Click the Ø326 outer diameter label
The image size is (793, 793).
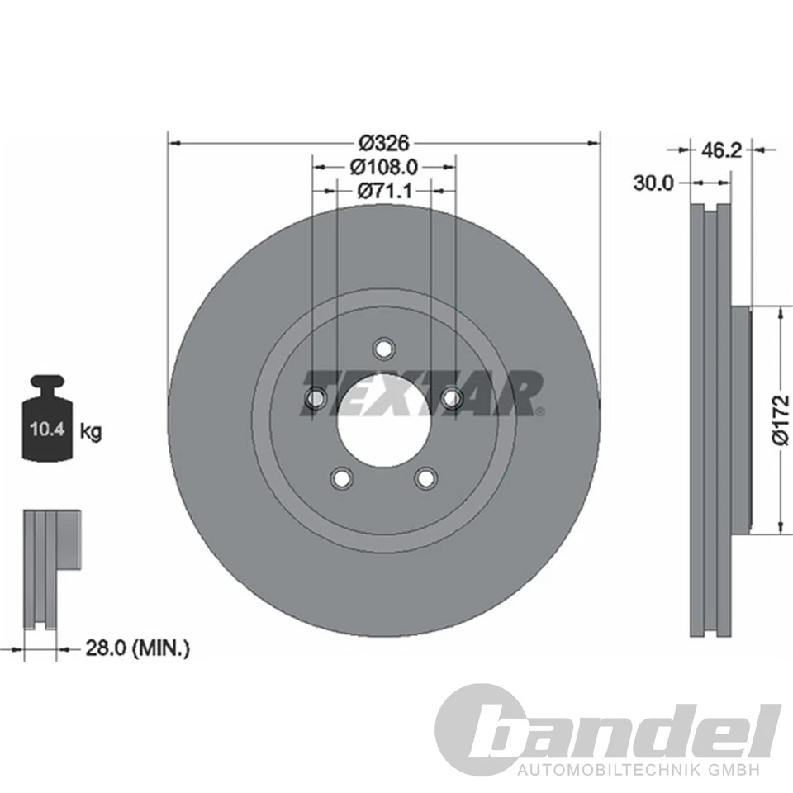click(x=383, y=141)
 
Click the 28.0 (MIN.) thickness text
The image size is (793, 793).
click(x=138, y=649)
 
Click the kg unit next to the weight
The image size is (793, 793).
click(x=92, y=430)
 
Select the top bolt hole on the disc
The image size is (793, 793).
click(x=383, y=348)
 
